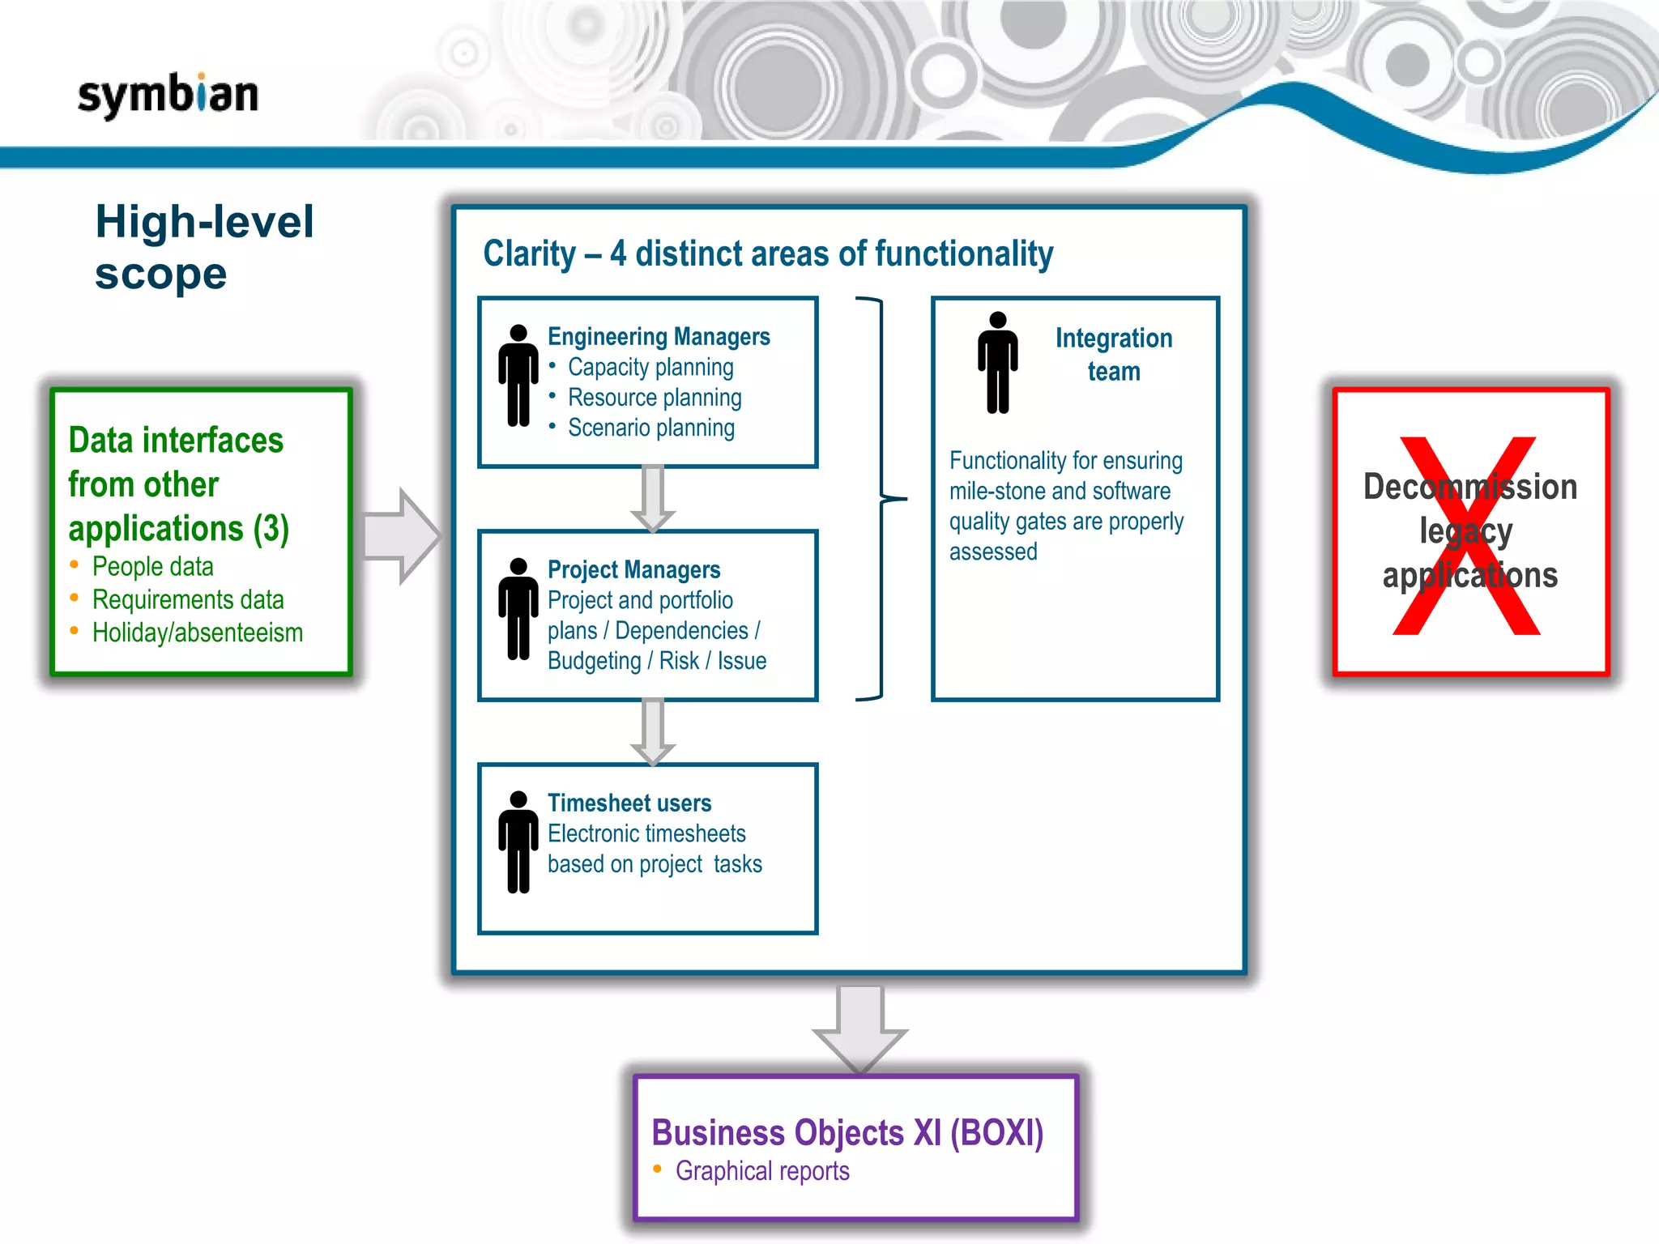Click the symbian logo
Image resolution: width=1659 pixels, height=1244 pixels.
168,96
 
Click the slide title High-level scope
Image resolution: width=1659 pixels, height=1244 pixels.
204,247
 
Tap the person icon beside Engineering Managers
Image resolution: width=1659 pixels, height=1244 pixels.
518,375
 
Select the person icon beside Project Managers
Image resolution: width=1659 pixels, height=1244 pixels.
518,608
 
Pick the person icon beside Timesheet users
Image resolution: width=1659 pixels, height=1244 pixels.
518,841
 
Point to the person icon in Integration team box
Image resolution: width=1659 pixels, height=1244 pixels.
997,362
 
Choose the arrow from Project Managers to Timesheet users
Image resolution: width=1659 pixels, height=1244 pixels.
653,731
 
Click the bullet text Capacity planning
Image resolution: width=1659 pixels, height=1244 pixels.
650,367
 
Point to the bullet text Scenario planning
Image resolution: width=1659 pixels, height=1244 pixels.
651,428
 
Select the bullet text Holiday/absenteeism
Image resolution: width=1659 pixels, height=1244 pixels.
198,633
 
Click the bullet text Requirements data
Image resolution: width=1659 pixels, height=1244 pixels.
188,599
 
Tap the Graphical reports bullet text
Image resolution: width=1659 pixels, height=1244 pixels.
762,1171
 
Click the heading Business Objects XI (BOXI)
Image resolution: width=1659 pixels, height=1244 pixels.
847,1132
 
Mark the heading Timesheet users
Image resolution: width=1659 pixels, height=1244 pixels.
629,803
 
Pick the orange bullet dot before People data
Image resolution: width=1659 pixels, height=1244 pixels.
75,564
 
